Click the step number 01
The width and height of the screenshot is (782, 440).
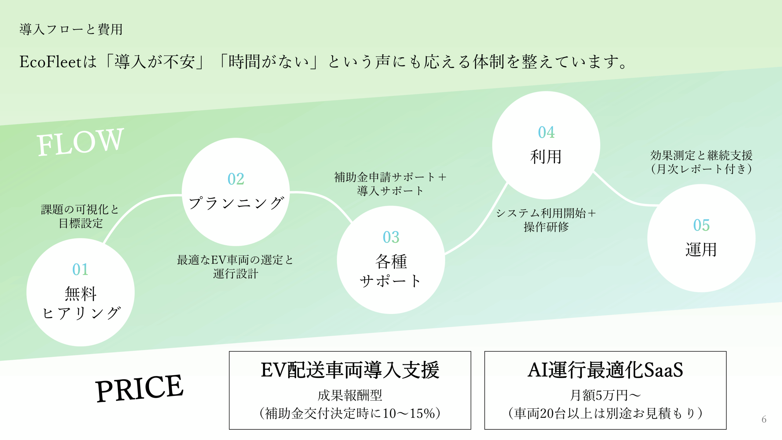point(80,269)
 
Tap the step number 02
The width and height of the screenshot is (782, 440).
point(236,179)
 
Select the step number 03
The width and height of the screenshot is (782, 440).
point(391,237)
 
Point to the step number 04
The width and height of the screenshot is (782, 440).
point(546,132)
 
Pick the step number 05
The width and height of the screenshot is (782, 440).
point(701,225)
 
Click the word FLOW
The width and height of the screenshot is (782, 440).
point(80,142)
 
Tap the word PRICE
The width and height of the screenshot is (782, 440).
point(139,388)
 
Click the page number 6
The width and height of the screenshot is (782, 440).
point(764,419)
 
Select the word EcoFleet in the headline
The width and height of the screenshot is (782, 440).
point(50,62)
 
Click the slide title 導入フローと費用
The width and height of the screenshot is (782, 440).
point(71,30)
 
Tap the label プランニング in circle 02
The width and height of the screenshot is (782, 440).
point(236,203)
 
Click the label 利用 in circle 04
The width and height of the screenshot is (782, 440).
point(546,157)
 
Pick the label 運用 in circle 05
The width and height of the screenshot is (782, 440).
point(701,250)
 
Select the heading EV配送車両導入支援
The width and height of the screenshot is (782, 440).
point(350,370)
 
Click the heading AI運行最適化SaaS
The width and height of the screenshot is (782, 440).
point(605,370)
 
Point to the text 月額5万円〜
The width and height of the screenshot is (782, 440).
point(605,395)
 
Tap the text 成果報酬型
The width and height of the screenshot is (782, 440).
point(350,395)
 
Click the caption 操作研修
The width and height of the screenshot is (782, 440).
point(546,227)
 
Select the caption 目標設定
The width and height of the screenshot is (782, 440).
point(81,223)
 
